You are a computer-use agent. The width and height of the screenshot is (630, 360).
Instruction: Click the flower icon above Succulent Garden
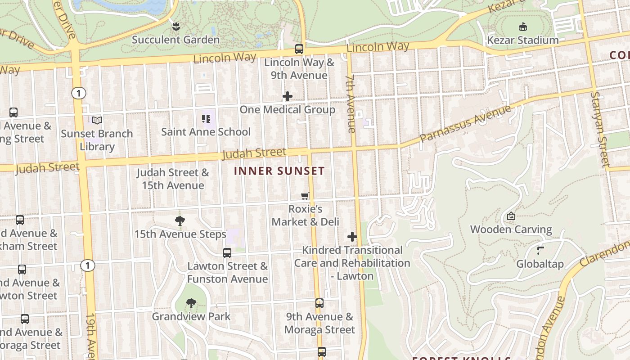176,26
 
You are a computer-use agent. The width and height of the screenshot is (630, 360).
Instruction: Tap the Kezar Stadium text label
523,40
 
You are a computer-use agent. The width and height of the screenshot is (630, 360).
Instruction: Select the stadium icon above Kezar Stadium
523,27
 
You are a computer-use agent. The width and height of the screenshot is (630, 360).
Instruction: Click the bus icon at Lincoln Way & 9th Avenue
299,49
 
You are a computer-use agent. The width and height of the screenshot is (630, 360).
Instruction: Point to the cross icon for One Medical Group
288,96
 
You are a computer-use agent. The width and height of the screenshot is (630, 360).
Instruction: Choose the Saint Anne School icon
206,119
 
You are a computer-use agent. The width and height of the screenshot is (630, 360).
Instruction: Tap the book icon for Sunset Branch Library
97,120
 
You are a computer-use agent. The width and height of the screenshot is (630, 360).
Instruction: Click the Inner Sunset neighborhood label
279,171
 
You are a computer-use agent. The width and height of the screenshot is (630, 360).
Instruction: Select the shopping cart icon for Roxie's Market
306,196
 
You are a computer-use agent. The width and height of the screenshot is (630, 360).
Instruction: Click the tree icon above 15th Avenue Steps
180,220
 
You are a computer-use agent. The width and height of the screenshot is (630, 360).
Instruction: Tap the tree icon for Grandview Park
191,303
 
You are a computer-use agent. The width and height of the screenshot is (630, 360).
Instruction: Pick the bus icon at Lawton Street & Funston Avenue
227,253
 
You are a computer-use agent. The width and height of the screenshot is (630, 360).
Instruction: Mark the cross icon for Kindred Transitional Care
352,237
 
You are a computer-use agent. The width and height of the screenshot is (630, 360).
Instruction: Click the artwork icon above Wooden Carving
511,216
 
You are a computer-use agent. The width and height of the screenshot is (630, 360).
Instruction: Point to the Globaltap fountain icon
540,250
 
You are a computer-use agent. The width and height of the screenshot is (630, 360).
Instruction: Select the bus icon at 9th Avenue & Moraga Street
319,303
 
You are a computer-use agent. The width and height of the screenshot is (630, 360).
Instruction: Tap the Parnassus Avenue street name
466,124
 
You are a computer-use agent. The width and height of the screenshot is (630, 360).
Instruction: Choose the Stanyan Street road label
602,129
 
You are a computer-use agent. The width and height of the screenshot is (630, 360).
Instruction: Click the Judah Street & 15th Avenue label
173,179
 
